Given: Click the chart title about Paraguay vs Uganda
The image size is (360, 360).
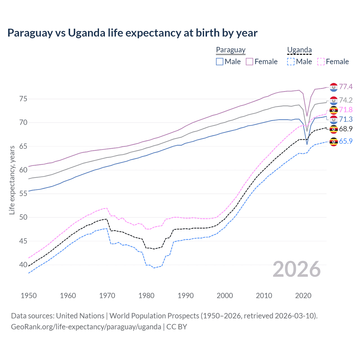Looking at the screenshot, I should (132, 33).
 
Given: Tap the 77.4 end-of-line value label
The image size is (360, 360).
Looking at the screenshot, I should (346, 87).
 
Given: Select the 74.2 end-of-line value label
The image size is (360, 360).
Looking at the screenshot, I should (346, 100).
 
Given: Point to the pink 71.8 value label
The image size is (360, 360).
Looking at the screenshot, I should (346, 110).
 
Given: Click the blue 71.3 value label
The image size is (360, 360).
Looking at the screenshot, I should (346, 119).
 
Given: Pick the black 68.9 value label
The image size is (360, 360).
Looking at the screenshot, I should (346, 129).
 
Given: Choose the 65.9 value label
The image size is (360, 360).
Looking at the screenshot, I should (346, 141).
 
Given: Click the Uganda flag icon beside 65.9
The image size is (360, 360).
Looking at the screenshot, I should (334, 141).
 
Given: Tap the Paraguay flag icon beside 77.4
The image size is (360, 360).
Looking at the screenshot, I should (334, 87).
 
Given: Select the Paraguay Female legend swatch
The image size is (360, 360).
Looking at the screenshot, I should (249, 62).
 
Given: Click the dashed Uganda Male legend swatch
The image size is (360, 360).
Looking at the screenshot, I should (291, 62).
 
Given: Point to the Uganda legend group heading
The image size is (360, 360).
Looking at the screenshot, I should (299, 50).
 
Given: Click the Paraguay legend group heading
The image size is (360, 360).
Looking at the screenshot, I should (231, 50).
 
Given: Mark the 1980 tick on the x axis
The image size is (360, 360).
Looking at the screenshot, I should (147, 296).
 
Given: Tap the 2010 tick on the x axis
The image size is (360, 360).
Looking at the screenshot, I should (264, 296).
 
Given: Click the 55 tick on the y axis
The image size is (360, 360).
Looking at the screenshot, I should (23, 193).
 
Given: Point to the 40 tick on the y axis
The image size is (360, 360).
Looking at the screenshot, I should (23, 265).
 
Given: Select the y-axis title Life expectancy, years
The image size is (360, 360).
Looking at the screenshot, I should (12, 180).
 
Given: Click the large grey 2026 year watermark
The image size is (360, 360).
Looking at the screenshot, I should (296, 269).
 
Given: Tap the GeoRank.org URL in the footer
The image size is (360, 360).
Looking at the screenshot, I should (86, 327).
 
